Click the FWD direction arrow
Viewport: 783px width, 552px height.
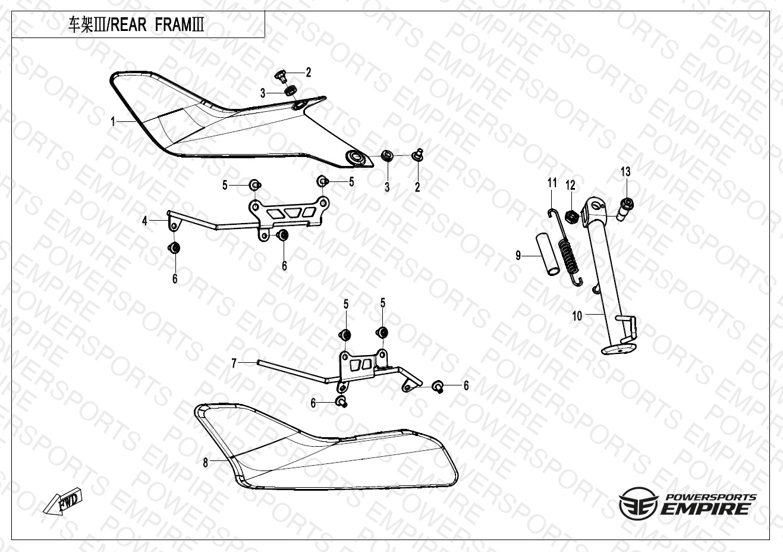pos(63,500)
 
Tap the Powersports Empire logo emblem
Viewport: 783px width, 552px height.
pos(639,504)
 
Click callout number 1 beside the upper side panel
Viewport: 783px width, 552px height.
pos(112,122)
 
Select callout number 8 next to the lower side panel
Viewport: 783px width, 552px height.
pos(206,463)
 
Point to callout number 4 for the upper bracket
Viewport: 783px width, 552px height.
pos(144,221)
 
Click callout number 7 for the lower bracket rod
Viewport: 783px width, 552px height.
pos(234,363)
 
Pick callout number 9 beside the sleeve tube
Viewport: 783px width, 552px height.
pos(518,255)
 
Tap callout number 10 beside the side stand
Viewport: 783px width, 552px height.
pos(577,316)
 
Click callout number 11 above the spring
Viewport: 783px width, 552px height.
pos(552,183)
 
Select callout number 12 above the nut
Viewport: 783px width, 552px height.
pos(571,185)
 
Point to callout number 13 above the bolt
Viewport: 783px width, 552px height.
pos(625,171)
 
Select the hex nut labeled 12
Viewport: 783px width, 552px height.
pos(572,218)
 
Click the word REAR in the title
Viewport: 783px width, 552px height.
pos(128,25)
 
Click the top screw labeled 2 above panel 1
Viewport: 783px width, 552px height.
pos(281,76)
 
